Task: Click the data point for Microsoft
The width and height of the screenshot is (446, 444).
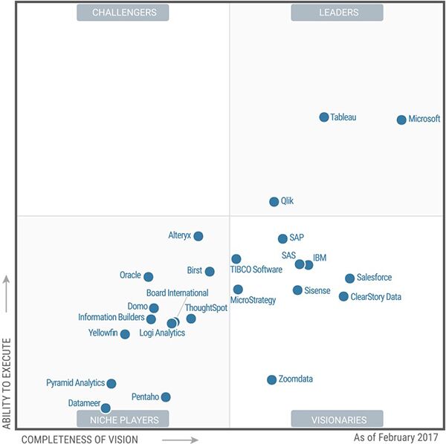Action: pyautogui.click(x=401, y=120)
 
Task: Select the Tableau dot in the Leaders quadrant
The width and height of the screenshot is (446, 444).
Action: pyautogui.click(x=324, y=117)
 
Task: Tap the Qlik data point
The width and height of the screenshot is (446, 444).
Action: pyautogui.click(x=274, y=201)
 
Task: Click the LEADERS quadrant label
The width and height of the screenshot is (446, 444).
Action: pyautogui.click(x=337, y=13)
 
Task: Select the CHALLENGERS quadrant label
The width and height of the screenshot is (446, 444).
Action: pyautogui.click(x=123, y=13)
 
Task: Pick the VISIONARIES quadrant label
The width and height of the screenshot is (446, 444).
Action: pyautogui.click(x=337, y=419)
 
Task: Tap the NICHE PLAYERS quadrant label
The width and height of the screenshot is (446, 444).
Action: pyautogui.click(x=123, y=419)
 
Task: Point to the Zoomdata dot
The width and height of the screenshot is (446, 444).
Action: pyautogui.click(x=272, y=379)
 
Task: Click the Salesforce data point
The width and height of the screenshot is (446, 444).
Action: pyautogui.click(x=349, y=278)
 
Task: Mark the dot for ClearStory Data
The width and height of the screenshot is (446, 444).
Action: pyautogui.click(x=343, y=296)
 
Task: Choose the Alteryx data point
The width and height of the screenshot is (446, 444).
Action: pyautogui.click(x=198, y=236)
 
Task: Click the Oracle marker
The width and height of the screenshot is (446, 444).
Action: pyautogui.click(x=148, y=277)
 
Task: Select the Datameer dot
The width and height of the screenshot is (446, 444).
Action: pyautogui.click(x=106, y=408)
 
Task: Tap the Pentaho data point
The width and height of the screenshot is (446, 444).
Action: pyautogui.click(x=166, y=397)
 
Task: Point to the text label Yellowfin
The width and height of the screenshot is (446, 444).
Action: pyautogui.click(x=103, y=333)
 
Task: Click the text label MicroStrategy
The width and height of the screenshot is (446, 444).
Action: pyautogui.click(x=253, y=301)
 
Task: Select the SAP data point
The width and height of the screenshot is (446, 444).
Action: pyautogui.click(x=282, y=238)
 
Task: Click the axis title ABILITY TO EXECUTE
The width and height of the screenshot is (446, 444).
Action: pyautogui.click(x=7, y=382)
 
